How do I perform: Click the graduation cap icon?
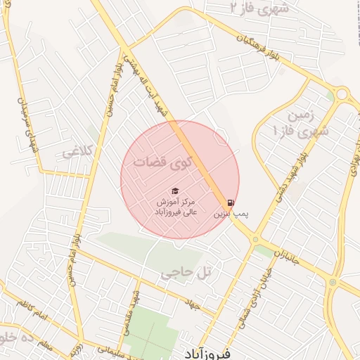(175, 191)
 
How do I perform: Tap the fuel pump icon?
(232, 200)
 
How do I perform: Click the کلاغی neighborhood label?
(78, 152)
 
